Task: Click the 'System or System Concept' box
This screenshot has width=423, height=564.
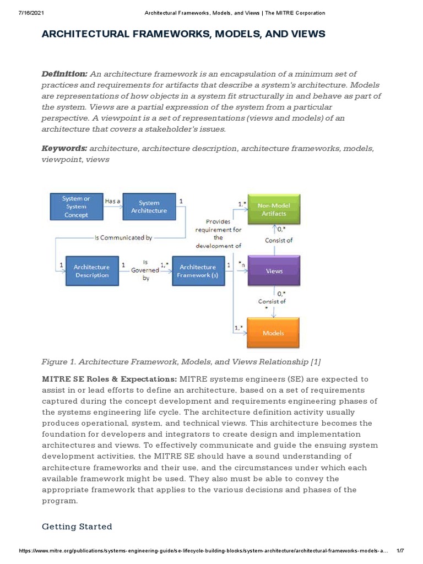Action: [76, 207]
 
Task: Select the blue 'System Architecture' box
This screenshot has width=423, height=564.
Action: [149, 207]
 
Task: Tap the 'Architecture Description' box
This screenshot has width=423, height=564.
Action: [91, 270]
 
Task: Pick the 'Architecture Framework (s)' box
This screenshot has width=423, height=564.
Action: [198, 270]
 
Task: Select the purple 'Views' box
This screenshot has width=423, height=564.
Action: [274, 270]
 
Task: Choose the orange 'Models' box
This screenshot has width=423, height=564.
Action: [273, 333]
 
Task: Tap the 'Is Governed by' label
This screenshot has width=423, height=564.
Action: [145, 270]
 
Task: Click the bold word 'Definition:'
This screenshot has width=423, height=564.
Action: [64, 74]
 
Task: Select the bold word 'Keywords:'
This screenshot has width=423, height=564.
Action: [64, 148]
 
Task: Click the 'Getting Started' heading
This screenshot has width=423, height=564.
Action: [77, 527]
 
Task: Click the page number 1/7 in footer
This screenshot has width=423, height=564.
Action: [400, 551]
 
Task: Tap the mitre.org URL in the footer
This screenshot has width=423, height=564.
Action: [204, 551]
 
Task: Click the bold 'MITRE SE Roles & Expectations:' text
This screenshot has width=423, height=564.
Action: [109, 379]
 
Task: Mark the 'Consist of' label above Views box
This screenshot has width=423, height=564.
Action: [279, 240]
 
